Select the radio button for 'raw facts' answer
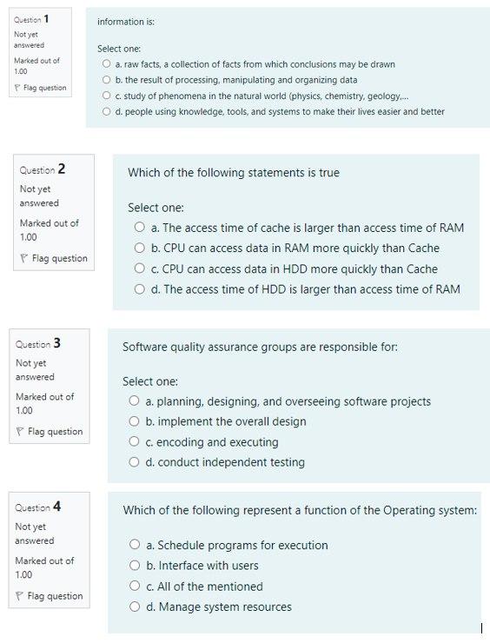coord(106,64)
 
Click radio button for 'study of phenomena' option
coord(106,96)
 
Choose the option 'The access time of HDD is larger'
coord(139,289)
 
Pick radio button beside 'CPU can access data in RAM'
coord(139,249)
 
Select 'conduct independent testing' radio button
coord(134,462)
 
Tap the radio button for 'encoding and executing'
coord(134,442)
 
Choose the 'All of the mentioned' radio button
coord(135,587)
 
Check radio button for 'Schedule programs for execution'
coord(135,546)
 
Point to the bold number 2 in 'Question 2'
coord(62,169)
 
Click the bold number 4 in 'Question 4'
coord(57,507)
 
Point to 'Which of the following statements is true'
coord(233,173)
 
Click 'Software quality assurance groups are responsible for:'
coord(260,347)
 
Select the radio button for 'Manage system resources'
coord(135,607)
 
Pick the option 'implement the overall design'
coord(134,422)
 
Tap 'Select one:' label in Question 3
coord(149,381)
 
